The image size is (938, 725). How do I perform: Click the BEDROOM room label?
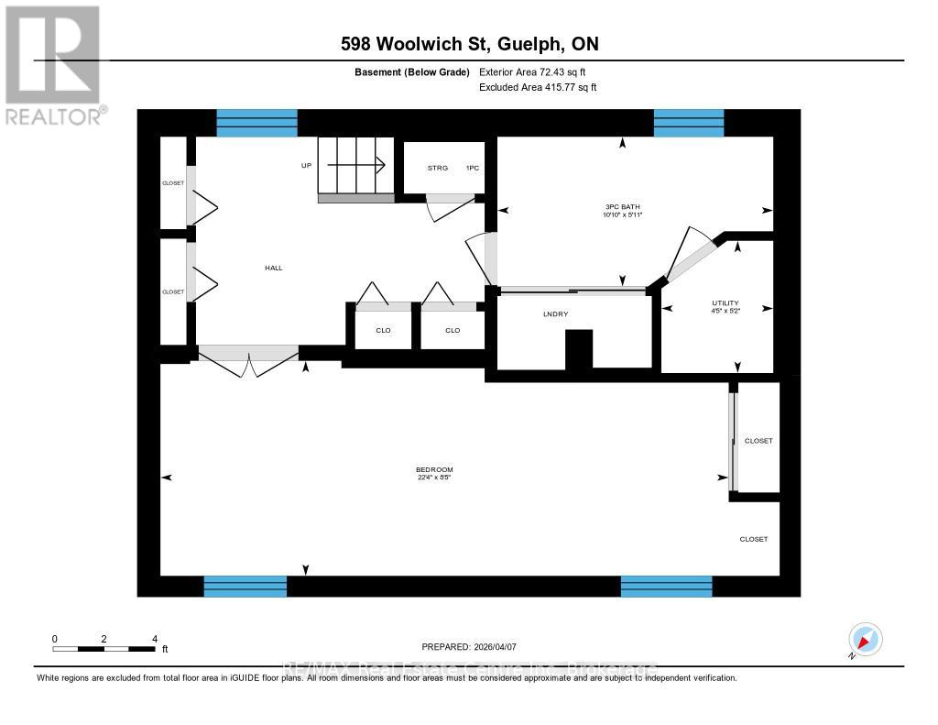pyautogui.click(x=434, y=470)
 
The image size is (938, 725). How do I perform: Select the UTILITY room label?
pyautogui.click(x=725, y=303)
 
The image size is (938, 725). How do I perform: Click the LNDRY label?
pyautogui.click(x=556, y=314)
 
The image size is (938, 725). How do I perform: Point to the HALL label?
pyautogui.click(x=273, y=268)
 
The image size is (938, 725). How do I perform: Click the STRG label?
pyautogui.click(x=438, y=169)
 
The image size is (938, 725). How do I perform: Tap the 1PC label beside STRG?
pyautogui.click(x=473, y=169)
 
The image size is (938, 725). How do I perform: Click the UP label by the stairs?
pyautogui.click(x=307, y=166)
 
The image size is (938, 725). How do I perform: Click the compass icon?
pyautogui.click(x=865, y=639)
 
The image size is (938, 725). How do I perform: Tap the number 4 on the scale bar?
pyautogui.click(x=155, y=639)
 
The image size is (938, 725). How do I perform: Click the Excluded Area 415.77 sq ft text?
pyautogui.click(x=539, y=88)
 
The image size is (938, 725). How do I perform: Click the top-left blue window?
pyautogui.click(x=256, y=123)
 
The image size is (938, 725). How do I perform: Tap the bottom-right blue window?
pyautogui.click(x=666, y=587)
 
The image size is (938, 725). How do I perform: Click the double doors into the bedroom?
pyautogui.click(x=249, y=359)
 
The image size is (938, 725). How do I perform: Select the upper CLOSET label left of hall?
pyautogui.click(x=173, y=183)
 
